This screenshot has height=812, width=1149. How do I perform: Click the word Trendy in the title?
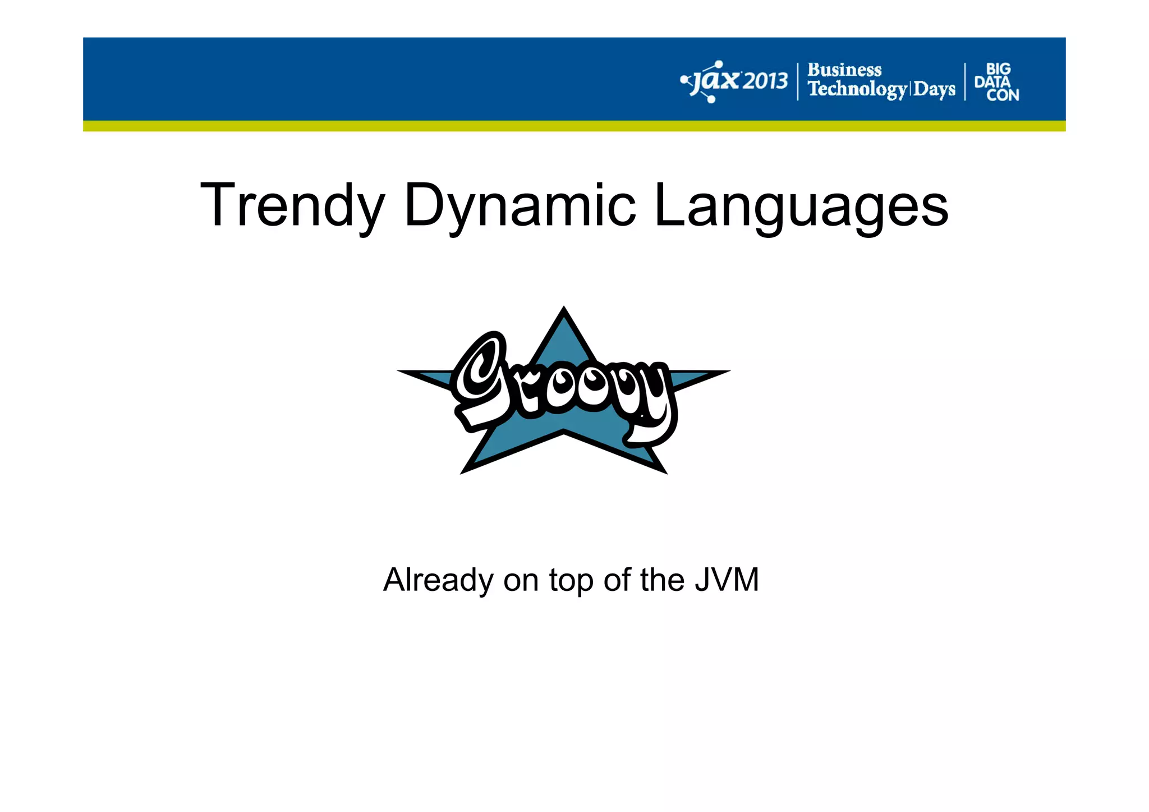click(x=292, y=205)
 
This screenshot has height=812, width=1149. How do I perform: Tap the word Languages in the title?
click(x=801, y=205)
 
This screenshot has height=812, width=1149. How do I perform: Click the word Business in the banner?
click(x=844, y=70)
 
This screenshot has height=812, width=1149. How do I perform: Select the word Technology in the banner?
click(x=857, y=89)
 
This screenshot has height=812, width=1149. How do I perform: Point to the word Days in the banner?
click(x=934, y=89)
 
